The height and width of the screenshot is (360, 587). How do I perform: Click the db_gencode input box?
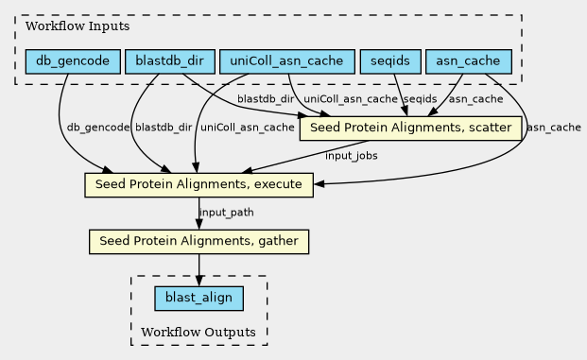[x=73, y=61]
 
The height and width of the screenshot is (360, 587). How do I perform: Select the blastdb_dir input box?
[x=170, y=61]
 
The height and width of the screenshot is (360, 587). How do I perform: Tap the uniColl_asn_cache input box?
[x=287, y=61]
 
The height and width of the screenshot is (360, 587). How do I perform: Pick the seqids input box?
[x=390, y=61]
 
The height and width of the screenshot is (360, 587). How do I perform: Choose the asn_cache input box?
[x=469, y=61]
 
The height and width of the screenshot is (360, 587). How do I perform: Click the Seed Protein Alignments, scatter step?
[x=410, y=129]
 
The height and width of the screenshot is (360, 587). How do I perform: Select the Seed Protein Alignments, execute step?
[x=199, y=185]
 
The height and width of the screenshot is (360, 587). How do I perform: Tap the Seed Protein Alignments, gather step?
[x=199, y=241]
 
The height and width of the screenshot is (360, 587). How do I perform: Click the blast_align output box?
[x=199, y=299]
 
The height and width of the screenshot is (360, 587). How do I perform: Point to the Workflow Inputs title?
[x=78, y=26]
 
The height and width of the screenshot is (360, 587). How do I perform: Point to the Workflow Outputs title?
[x=199, y=332]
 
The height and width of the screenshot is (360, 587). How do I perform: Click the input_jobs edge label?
[x=351, y=156]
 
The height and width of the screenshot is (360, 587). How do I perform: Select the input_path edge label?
[x=227, y=213]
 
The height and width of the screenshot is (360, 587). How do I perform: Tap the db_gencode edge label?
[x=98, y=128]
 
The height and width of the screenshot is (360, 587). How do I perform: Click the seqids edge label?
[x=420, y=99]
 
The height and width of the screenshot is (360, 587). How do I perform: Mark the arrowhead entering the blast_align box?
[x=199, y=282]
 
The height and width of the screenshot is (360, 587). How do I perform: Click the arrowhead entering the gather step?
[x=199, y=225]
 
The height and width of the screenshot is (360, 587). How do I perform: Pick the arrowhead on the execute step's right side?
[x=319, y=183]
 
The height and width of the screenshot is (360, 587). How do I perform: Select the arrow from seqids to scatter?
[x=400, y=95]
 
